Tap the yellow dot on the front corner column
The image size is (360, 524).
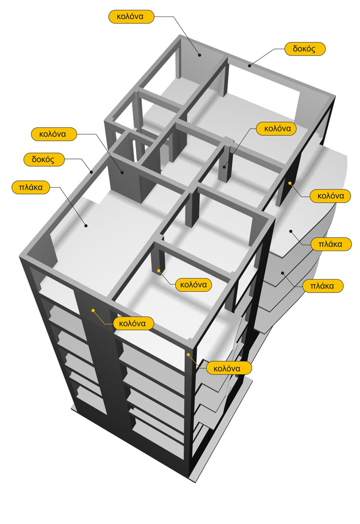(x=189, y=355)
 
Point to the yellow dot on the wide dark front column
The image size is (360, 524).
(x=93, y=310)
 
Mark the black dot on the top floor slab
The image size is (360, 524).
(x=86, y=226)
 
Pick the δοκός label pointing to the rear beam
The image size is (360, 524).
(x=305, y=49)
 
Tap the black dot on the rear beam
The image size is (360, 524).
(x=250, y=65)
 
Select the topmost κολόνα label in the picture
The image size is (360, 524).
(x=131, y=17)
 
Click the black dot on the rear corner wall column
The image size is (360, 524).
(x=199, y=55)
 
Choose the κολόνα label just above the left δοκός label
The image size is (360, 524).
(x=55, y=134)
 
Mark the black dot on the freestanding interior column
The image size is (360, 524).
(x=225, y=166)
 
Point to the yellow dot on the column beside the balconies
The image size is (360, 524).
(x=289, y=182)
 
